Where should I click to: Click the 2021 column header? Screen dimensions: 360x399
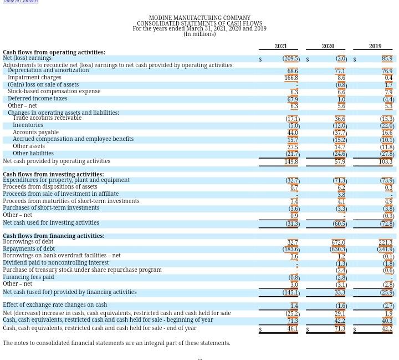click(280, 46)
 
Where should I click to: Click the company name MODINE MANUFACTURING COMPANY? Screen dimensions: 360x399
click(199, 18)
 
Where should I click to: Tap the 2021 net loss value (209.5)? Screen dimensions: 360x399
click(291, 58)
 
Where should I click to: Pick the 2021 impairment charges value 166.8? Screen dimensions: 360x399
click(291, 78)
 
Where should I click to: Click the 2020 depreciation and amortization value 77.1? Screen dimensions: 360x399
click(340, 71)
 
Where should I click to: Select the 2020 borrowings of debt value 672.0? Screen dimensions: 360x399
click(338, 242)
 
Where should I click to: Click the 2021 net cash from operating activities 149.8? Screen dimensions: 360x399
click(291, 161)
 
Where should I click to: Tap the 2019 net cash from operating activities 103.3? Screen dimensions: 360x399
click(385, 161)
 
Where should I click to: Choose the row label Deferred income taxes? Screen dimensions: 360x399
click(37, 99)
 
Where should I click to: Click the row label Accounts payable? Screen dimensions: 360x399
click(35, 133)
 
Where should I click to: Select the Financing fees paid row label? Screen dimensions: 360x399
click(28, 277)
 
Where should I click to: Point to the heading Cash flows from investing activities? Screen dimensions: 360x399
click(53, 174)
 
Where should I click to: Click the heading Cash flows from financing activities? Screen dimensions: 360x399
click(54, 236)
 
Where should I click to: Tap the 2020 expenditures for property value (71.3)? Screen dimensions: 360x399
click(340, 180)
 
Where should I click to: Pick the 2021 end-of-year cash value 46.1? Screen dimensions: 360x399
click(293, 328)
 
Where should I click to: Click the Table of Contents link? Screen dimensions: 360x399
click(21, 2)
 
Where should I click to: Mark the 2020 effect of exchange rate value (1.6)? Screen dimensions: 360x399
click(341, 306)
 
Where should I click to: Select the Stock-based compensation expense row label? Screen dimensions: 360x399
click(54, 92)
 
